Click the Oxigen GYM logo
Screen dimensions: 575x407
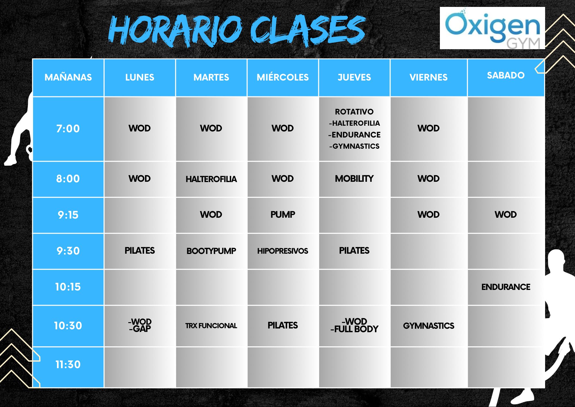click(492, 28)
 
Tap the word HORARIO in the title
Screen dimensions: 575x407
click(175, 30)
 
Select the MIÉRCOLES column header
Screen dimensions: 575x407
click(283, 77)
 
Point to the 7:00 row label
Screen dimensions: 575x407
click(68, 129)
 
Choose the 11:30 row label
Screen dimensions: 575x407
click(68, 364)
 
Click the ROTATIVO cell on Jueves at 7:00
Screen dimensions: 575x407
click(354, 129)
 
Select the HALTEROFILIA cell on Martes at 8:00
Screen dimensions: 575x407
click(211, 179)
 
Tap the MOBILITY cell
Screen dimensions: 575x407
click(354, 179)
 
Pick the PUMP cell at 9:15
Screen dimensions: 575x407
click(283, 215)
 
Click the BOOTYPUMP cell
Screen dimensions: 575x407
click(211, 251)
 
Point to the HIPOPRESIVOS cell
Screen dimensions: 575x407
click(283, 251)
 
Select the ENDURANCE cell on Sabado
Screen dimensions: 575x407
click(506, 287)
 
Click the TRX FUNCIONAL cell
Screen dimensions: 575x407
click(211, 326)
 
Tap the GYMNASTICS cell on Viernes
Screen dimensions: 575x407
click(429, 326)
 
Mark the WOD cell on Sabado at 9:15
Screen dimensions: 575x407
click(506, 215)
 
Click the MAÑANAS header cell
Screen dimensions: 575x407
click(68, 77)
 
